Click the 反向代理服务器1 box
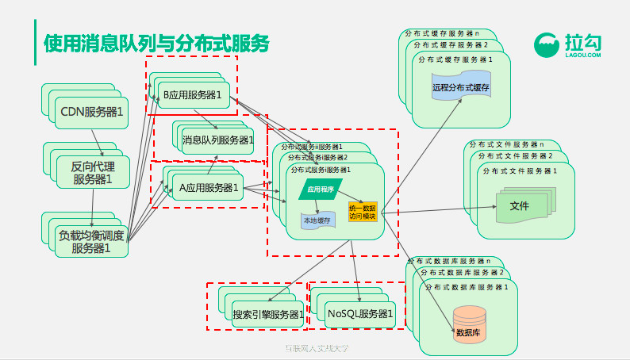tap(93, 173)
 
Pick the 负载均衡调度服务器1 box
tap(90, 241)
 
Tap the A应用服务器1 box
tap(209, 188)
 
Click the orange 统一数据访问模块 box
tap(362, 212)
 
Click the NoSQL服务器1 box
tap(360, 314)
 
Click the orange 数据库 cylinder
tap(468, 327)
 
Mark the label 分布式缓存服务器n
tap(441, 34)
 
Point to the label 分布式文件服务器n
tap(506, 144)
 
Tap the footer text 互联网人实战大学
tap(317, 349)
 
